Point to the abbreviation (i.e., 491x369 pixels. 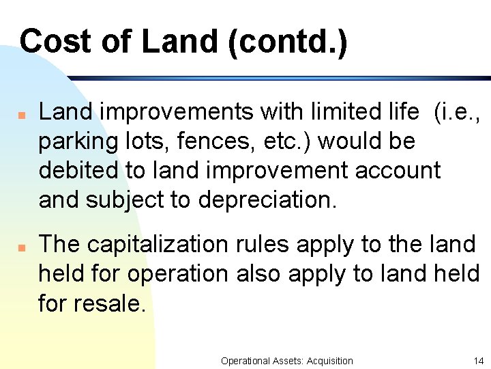pos(457,112)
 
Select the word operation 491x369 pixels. pos(177,274)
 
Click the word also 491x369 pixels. pos(258,274)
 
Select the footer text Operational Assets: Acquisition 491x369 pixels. pos(287,360)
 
